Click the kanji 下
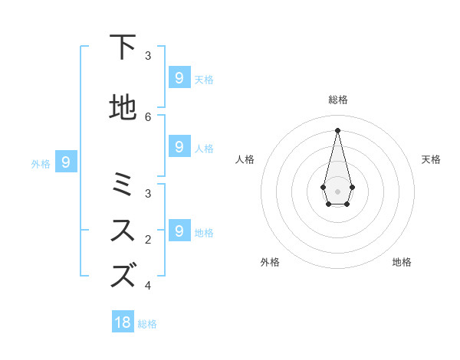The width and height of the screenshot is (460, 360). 123,47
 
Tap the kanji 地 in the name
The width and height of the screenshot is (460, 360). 123,107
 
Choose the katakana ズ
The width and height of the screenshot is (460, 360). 123,275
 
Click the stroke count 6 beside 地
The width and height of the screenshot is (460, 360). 148,116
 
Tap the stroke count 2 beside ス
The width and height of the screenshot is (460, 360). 148,240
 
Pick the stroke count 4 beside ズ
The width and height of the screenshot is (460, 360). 148,285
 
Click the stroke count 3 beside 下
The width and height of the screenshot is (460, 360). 148,55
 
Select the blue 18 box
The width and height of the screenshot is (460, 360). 123,322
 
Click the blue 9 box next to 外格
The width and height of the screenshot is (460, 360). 66,162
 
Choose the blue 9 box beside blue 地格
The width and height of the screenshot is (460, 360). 179,231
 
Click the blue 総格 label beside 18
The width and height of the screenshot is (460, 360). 147,324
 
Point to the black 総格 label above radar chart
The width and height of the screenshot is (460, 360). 338,100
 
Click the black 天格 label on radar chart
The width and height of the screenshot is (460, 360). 431,159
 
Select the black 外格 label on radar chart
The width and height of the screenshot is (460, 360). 270,262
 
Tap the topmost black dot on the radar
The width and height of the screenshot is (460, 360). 337,129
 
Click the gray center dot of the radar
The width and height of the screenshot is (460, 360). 337,191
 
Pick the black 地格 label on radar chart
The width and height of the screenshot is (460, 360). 402,262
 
